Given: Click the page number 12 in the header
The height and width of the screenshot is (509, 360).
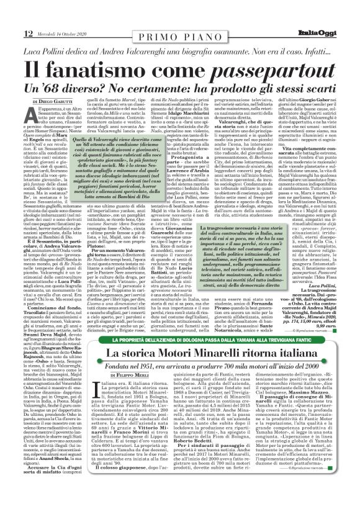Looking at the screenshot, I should [12, 16].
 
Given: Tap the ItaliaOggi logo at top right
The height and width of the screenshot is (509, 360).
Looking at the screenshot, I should [331, 16].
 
